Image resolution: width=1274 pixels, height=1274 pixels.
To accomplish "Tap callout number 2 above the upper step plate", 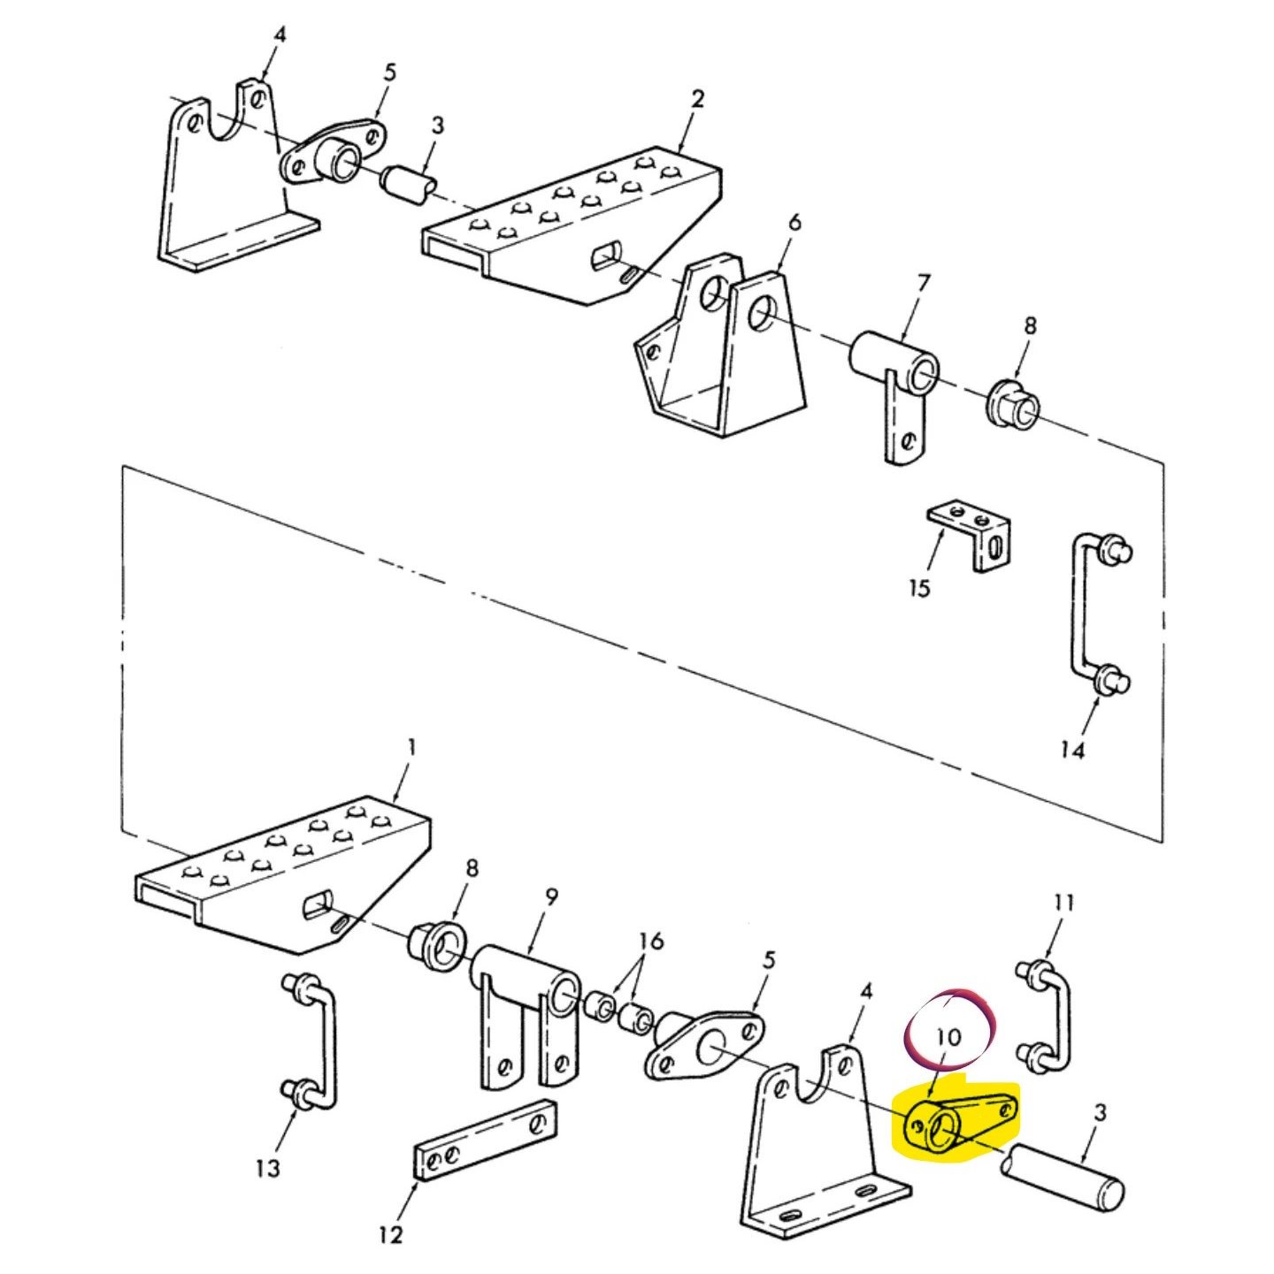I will click(697, 98).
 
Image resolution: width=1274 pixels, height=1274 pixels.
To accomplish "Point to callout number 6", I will click(794, 222).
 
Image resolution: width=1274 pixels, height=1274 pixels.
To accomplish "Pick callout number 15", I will click(919, 588).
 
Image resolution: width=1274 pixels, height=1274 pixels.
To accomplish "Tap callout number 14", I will click(1072, 750).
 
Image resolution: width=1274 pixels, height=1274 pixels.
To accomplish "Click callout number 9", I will click(551, 896).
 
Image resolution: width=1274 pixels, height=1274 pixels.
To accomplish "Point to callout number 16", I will click(650, 941).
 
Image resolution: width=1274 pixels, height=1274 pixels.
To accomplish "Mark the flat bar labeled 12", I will click(486, 1140).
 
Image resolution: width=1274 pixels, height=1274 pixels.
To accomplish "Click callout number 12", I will click(390, 1234).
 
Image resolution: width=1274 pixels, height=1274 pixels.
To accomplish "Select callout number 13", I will click(267, 1168).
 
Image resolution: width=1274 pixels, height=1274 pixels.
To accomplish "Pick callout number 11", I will click(1063, 903).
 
